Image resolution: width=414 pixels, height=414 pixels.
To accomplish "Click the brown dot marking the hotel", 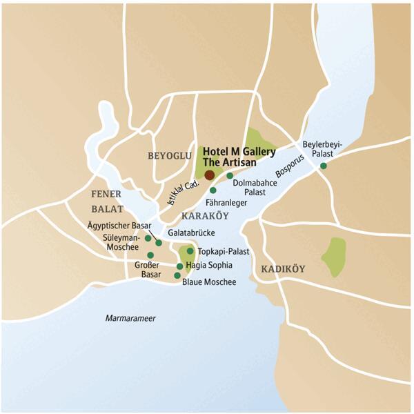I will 209,175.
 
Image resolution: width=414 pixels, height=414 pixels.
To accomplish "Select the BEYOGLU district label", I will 169,157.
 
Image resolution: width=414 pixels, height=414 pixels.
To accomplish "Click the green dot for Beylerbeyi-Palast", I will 323,166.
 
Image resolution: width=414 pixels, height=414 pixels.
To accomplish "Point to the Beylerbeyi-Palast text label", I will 322,149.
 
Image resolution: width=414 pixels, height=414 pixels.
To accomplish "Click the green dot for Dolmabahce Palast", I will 230,176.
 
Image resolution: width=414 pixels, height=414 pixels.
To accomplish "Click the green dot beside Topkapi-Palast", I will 190,251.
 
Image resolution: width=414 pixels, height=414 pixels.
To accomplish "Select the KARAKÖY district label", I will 205,217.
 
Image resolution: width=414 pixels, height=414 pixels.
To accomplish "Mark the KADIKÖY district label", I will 283,268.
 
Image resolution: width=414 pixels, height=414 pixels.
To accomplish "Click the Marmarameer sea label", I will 131,318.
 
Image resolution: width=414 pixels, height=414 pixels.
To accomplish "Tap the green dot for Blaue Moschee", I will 177,275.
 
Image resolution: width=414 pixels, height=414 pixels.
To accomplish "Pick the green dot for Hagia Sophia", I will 180,266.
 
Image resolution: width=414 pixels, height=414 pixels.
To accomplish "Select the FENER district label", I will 106,194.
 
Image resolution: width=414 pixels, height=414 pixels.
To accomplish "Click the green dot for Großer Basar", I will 150,255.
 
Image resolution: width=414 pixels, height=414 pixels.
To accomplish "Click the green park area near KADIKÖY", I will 335,257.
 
